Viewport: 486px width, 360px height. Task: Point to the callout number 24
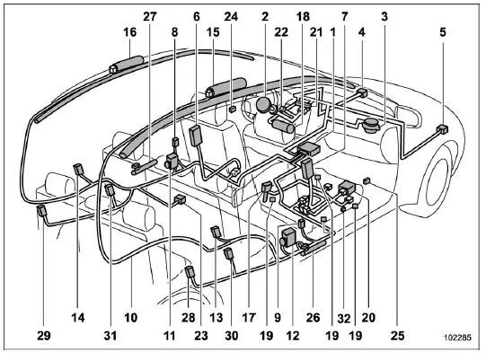(x=231, y=15)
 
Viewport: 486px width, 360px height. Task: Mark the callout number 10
(x=131, y=318)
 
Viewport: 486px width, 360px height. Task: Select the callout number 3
(x=384, y=15)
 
